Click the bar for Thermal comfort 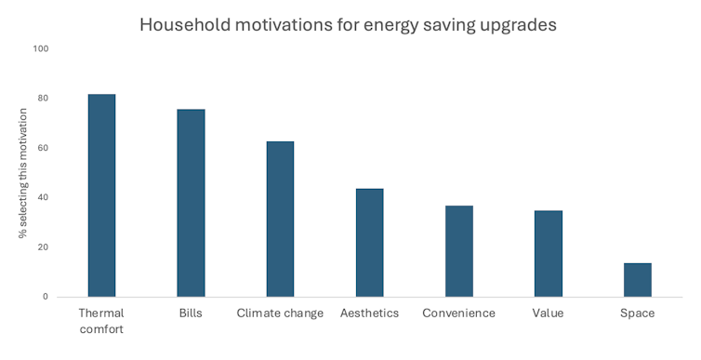coord(101,195)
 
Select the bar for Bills coord(191,203)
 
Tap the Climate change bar coord(280,219)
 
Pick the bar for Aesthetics coord(369,243)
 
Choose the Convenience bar coord(458,251)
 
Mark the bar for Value coord(548,254)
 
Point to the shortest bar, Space coord(637,280)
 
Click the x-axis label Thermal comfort coord(101,321)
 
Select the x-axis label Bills coord(191,313)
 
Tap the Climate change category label coord(280,313)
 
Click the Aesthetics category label coord(369,313)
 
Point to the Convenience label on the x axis coord(458,313)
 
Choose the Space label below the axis coord(637,313)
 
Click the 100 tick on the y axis coord(40,48)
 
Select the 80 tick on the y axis coord(42,99)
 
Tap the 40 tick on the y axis coord(42,198)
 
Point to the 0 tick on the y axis coord(45,297)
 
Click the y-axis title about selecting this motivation coord(22,173)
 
